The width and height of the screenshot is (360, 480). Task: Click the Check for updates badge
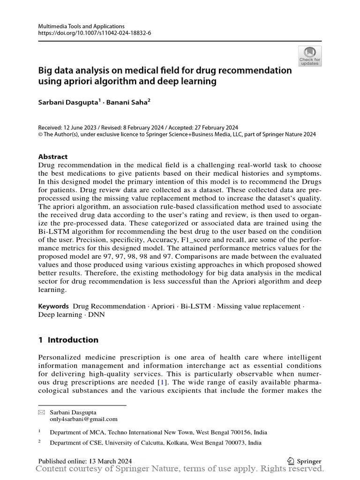coord(310,56)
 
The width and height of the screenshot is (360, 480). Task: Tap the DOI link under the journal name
coord(95,33)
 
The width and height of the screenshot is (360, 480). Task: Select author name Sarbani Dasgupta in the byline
coord(68,102)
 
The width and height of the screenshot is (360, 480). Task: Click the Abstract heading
coord(52,157)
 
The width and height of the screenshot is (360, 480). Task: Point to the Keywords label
coord(53,306)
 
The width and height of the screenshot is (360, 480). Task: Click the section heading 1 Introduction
coord(68,340)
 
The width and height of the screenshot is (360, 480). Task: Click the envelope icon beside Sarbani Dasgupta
coord(41,412)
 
